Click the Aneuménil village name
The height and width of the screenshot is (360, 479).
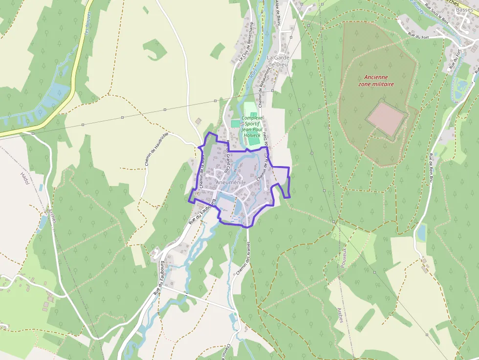point(229,183)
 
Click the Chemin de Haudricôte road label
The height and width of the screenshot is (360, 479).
point(156,148)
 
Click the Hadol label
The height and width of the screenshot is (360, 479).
point(25,178)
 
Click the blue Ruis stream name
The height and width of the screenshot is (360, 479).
point(253,74)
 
